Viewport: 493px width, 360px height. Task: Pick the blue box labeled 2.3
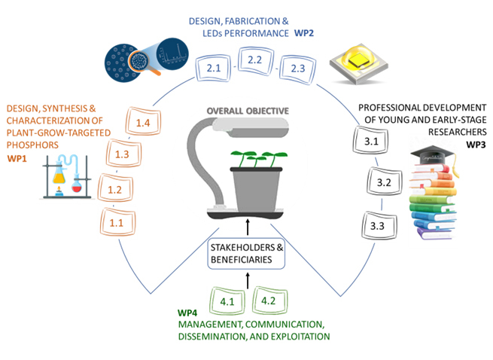pyautogui.click(x=297, y=69)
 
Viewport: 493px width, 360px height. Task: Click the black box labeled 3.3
pyautogui.click(x=378, y=225)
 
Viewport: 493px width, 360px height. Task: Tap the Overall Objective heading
pyautogui.click(x=248, y=111)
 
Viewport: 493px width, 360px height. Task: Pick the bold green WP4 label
pyautogui.click(x=188, y=313)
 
